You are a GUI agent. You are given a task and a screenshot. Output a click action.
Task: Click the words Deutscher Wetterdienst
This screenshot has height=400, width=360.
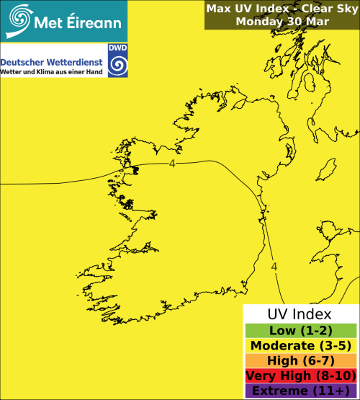[x=53, y=63]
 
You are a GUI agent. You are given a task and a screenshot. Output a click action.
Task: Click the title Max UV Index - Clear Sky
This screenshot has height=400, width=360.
[x=282, y=9]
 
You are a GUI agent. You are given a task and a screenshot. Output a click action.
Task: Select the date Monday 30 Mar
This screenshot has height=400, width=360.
[x=282, y=22]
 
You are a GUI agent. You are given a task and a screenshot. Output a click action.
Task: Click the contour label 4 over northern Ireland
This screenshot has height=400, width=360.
[x=172, y=164]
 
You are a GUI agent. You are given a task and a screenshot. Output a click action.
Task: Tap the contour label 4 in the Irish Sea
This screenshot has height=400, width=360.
[x=274, y=267]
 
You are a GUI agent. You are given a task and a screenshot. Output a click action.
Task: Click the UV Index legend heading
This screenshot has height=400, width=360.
[x=300, y=314]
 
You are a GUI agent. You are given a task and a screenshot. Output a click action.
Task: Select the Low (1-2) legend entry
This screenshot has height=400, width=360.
[x=300, y=330]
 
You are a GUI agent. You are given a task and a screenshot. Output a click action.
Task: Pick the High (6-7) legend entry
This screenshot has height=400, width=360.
[x=300, y=360]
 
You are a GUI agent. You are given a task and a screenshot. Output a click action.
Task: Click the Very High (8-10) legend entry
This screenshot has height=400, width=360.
[x=300, y=375]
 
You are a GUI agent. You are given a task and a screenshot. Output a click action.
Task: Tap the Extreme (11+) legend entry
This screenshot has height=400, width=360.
[x=300, y=391]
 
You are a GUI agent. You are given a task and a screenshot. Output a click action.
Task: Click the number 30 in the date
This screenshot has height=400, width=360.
[x=296, y=22]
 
